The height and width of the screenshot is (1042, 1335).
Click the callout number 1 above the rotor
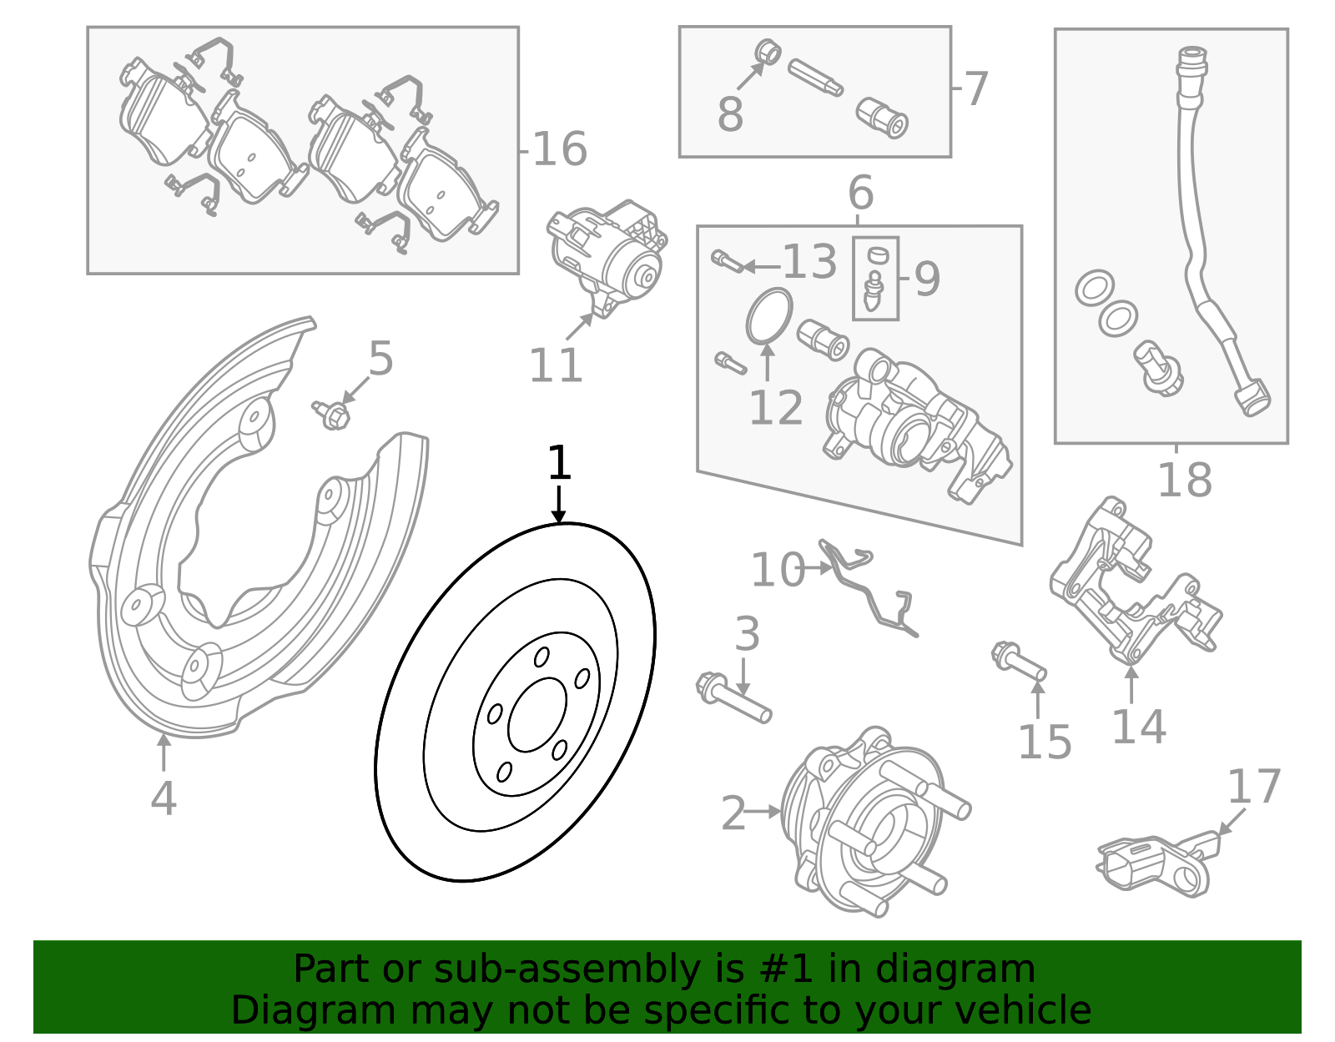click(x=559, y=464)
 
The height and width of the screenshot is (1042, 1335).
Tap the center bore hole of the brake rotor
click(x=537, y=714)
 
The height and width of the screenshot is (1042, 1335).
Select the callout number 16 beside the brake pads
click(x=560, y=150)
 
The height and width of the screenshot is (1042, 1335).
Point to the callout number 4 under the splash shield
click(x=164, y=798)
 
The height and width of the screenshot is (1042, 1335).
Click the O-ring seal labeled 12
click(x=768, y=316)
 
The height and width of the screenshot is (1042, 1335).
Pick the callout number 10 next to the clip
click(x=777, y=571)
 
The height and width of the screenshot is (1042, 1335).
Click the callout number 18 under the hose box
click(x=1184, y=481)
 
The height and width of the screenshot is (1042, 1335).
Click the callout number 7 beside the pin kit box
click(x=976, y=88)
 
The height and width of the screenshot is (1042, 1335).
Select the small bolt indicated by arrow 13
click(x=725, y=261)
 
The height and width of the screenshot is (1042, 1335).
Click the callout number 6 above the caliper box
click(x=860, y=194)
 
